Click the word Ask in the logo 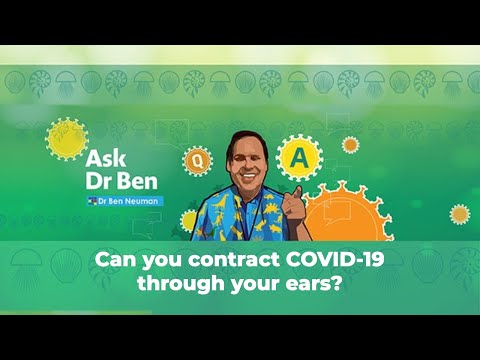107,159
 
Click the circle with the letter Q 197,158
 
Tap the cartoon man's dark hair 241,139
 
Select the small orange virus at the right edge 459,214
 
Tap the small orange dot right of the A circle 351,144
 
